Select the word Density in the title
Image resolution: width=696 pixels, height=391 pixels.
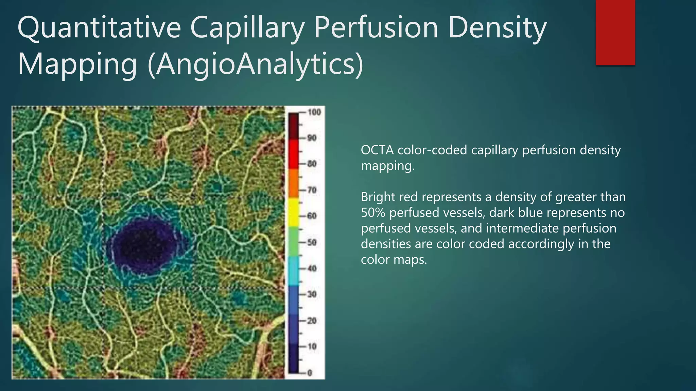click(x=497, y=29)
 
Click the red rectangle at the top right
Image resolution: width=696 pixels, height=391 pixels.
click(x=615, y=32)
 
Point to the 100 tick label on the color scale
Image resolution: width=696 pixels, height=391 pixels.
click(x=314, y=112)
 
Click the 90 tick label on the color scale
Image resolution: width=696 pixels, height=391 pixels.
click(x=312, y=138)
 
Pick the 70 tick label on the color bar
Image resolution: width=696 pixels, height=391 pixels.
click(x=312, y=190)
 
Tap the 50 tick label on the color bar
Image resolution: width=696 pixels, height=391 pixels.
click(x=312, y=242)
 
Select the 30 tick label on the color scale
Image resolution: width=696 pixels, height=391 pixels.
click(x=312, y=294)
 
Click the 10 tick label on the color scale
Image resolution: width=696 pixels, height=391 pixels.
click(x=312, y=347)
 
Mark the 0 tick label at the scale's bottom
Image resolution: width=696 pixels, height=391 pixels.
click(x=310, y=373)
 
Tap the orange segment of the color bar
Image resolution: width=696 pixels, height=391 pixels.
click(x=294, y=183)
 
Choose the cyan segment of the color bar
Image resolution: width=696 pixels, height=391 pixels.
click(x=294, y=271)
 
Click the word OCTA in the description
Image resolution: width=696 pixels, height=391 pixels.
click(x=377, y=150)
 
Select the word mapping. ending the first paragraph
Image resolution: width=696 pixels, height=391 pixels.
click(x=388, y=166)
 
